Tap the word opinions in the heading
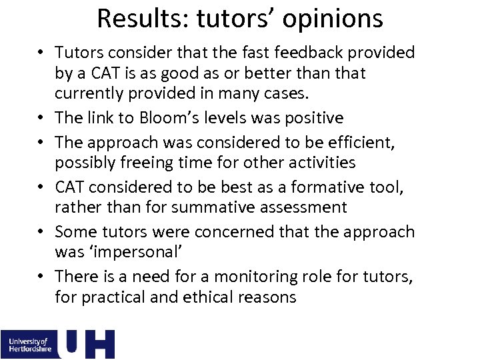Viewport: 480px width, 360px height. (333, 19)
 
